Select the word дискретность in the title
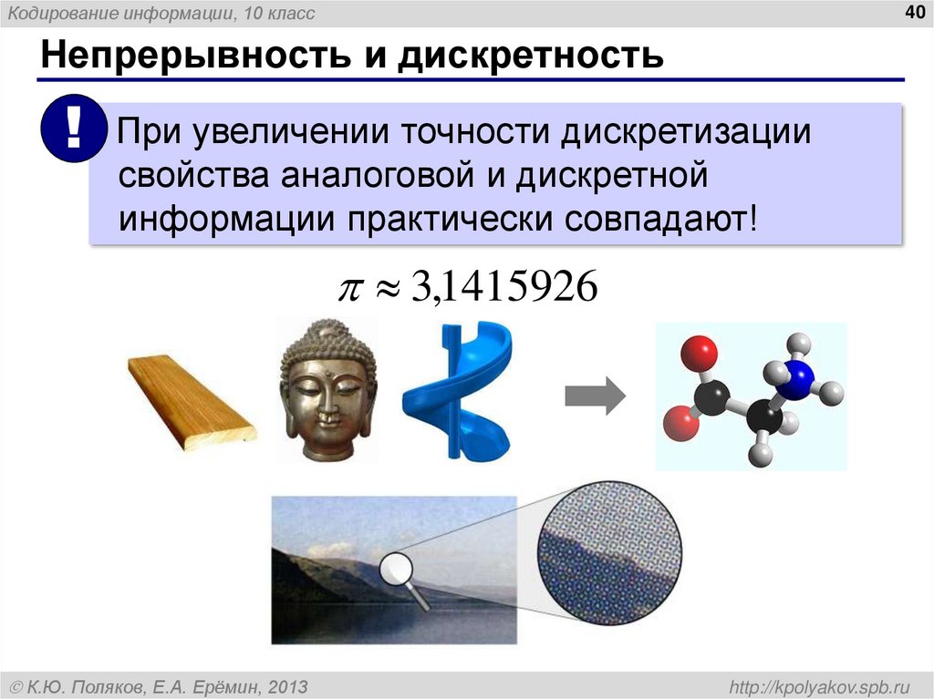(x=534, y=56)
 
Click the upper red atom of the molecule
(x=697, y=350)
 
